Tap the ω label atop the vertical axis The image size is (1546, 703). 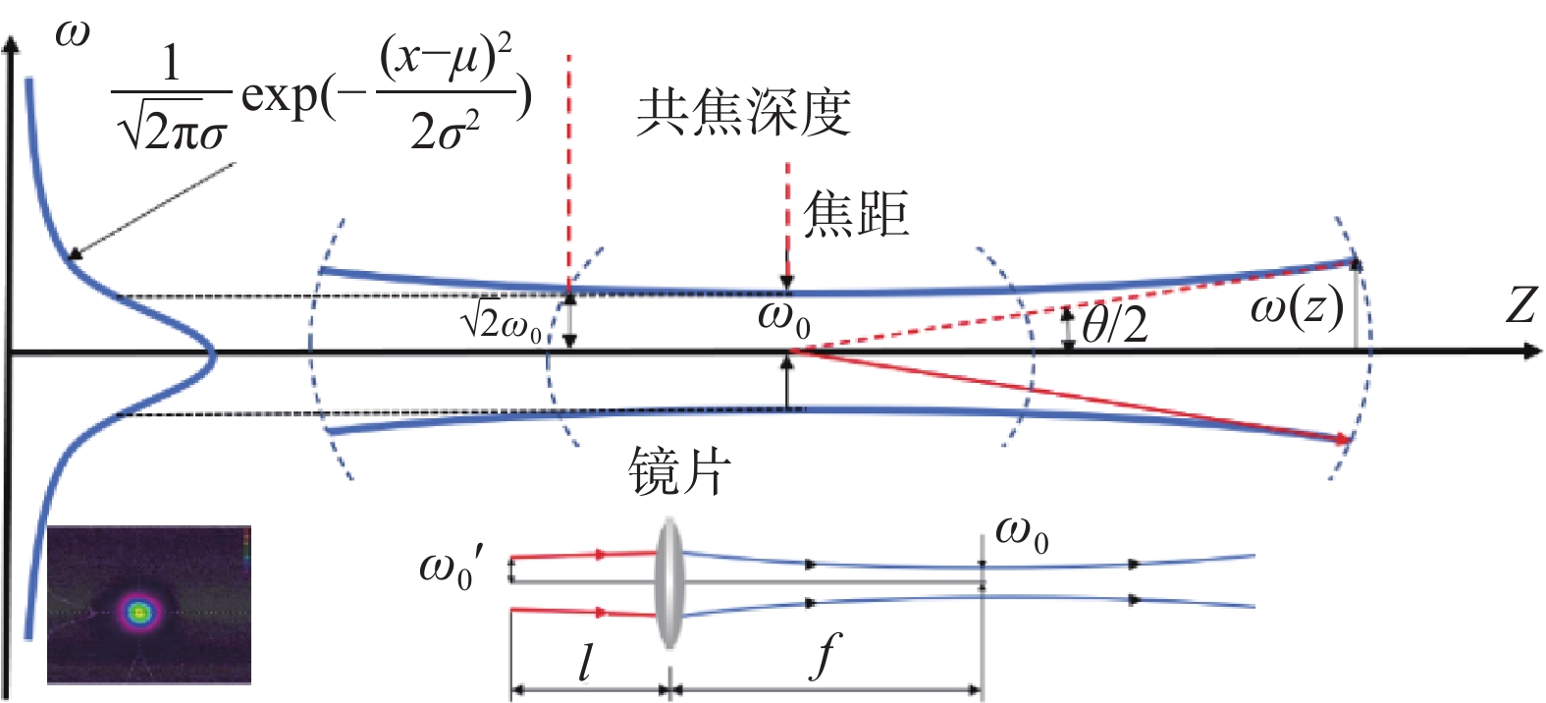point(72,33)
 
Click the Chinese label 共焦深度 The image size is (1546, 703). point(743,113)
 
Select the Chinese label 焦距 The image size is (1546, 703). point(856,213)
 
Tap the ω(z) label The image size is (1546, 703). point(1297,308)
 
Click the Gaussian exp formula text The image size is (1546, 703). point(322,92)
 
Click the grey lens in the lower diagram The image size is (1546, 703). point(668,583)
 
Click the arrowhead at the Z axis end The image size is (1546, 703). point(1532,352)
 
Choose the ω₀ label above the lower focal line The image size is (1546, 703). point(1022,536)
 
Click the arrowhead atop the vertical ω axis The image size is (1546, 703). point(11,44)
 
